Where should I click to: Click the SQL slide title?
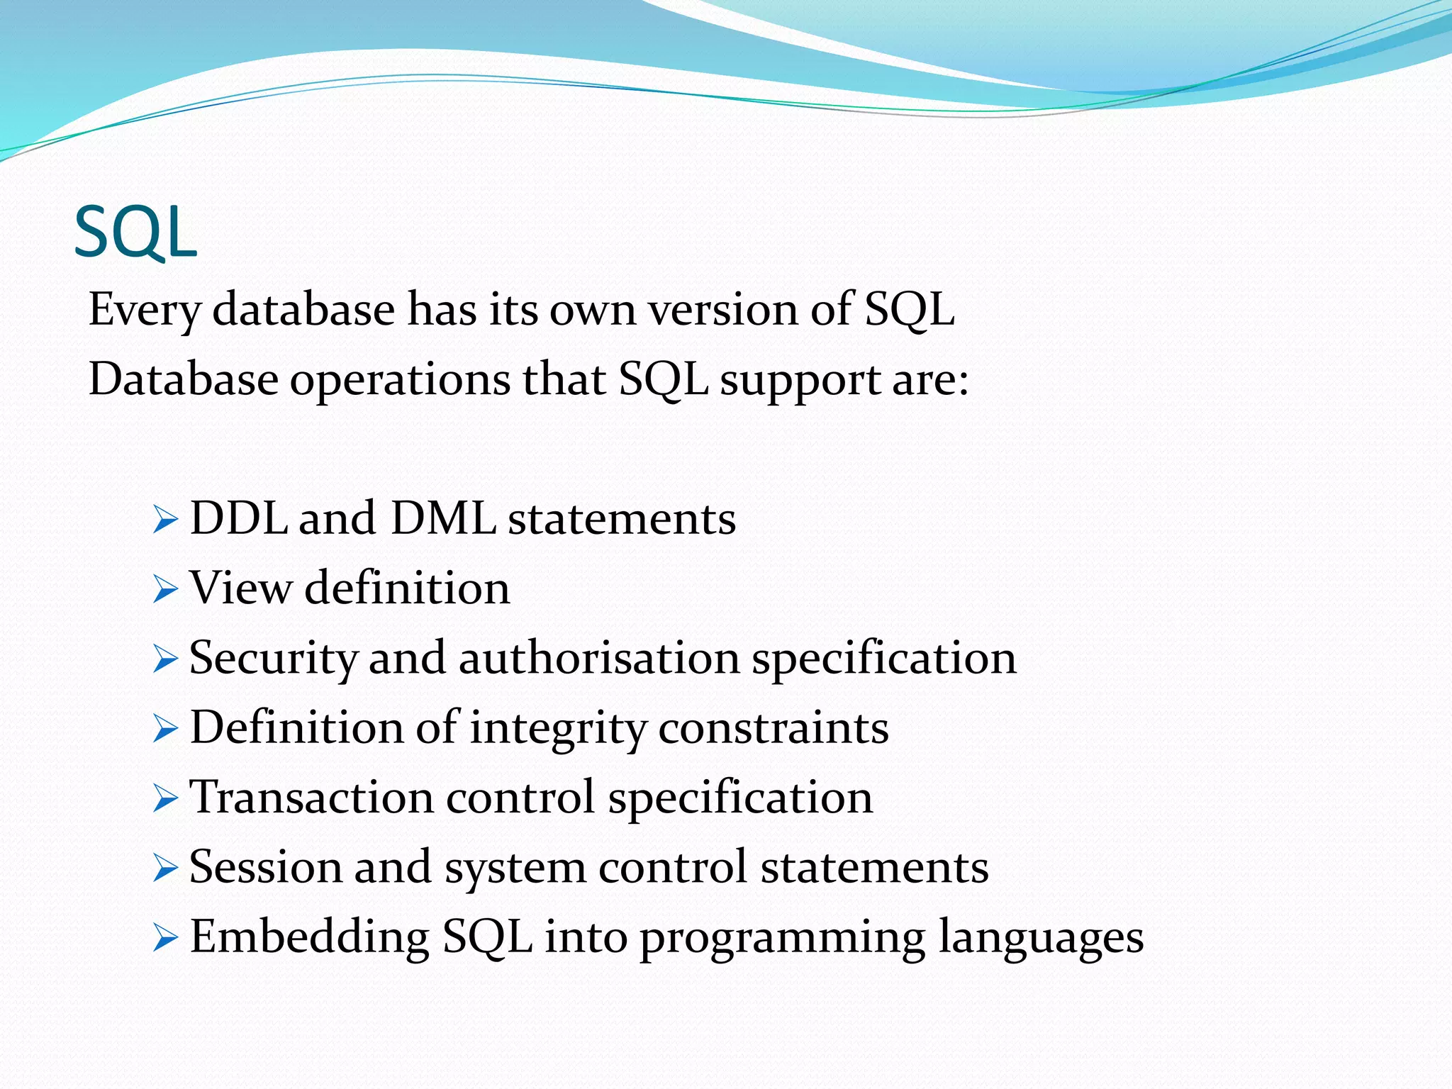pos(135,233)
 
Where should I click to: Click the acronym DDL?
pos(238,518)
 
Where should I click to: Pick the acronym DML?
pos(443,518)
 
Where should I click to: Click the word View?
pos(240,588)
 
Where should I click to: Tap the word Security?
pos(272,659)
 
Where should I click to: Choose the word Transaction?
pos(311,797)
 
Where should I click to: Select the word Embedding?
pos(309,937)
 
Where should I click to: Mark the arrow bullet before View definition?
pos(164,590)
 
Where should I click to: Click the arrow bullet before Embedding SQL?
pos(164,939)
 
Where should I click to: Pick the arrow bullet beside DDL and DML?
pos(164,521)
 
